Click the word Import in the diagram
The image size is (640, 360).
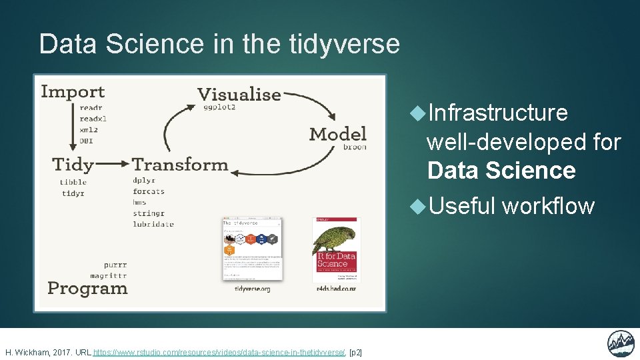tap(73, 92)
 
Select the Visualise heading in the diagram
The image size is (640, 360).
tap(239, 94)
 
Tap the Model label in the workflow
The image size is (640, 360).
tap(337, 134)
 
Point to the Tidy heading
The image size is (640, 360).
tap(73, 164)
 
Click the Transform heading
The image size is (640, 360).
tap(180, 164)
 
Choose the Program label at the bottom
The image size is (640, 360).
tap(87, 289)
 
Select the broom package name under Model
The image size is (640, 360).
tap(355, 147)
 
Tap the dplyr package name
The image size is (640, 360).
tap(145, 180)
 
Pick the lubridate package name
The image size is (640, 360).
tap(153, 224)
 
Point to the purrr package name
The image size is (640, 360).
tap(115, 264)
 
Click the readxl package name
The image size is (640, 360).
tap(93, 119)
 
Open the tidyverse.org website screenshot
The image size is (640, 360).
tap(252, 249)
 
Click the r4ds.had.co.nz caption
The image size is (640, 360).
tap(335, 289)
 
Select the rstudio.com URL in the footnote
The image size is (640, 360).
tap(219, 352)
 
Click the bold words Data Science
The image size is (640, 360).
tap(501, 171)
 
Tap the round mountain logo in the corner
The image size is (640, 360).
tap(620, 344)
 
